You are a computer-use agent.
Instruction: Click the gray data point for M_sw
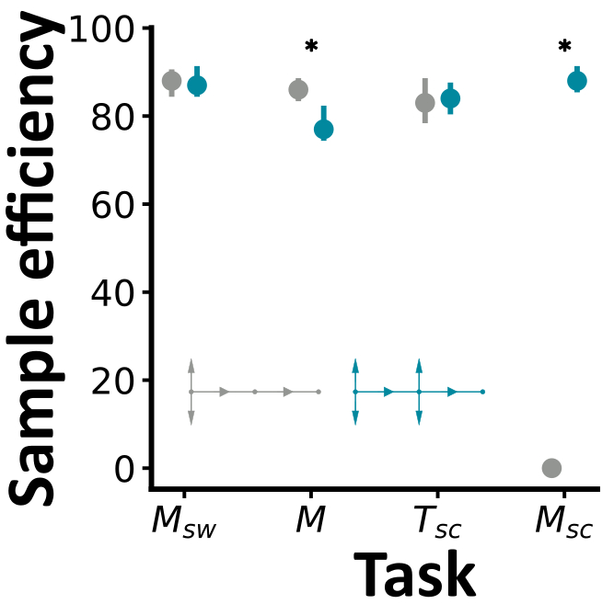[171, 81]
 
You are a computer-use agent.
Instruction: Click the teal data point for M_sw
[197, 85]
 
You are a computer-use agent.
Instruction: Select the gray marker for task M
[298, 89]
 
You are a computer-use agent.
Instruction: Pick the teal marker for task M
[323, 130]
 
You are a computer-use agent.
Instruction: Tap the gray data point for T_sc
[424, 103]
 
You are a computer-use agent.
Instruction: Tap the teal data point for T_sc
[450, 98]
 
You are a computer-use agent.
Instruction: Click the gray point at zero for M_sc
[551, 468]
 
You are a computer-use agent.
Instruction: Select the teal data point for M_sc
[577, 81]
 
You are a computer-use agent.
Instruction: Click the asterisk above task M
[311, 47]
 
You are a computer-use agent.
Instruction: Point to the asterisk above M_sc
[564, 47]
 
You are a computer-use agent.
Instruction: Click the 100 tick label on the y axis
[104, 29]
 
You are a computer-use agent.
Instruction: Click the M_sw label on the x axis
[183, 524]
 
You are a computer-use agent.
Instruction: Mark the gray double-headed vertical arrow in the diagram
[191, 392]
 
